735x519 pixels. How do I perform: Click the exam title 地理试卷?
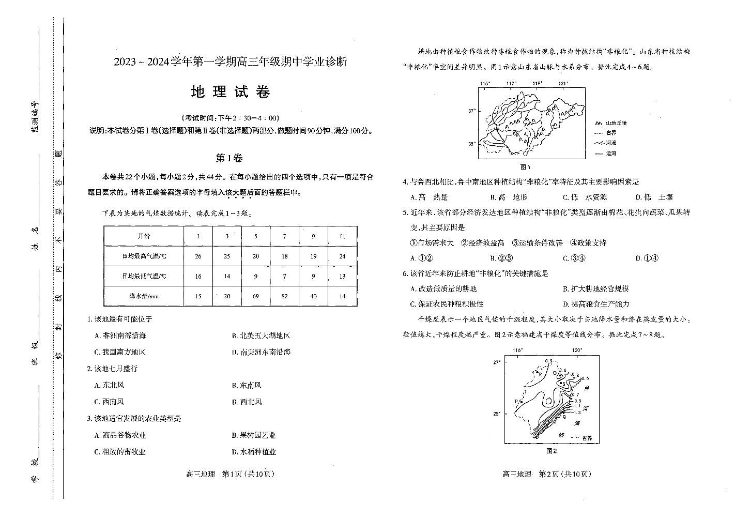pyautogui.click(x=230, y=92)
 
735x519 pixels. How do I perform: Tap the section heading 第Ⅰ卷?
pyautogui.click(x=229, y=158)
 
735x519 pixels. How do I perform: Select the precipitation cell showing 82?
pyautogui.click(x=284, y=296)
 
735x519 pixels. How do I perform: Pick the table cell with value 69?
pyautogui.click(x=255, y=296)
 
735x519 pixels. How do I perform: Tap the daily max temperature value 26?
pyautogui.click(x=198, y=256)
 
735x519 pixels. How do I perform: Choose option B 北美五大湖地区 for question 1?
pyautogui.click(x=261, y=335)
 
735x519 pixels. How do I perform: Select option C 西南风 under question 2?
pyautogui.click(x=109, y=402)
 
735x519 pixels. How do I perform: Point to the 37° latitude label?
pyautogui.click(x=471, y=111)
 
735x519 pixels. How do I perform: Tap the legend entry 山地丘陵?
pyautogui.click(x=616, y=123)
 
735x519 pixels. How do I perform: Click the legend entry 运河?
pyautogui.click(x=610, y=153)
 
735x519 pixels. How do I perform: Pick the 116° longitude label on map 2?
pyautogui.click(x=517, y=350)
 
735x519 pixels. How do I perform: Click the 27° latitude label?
pyautogui.click(x=497, y=362)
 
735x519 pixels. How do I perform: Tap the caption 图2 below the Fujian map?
pyautogui.click(x=551, y=451)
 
